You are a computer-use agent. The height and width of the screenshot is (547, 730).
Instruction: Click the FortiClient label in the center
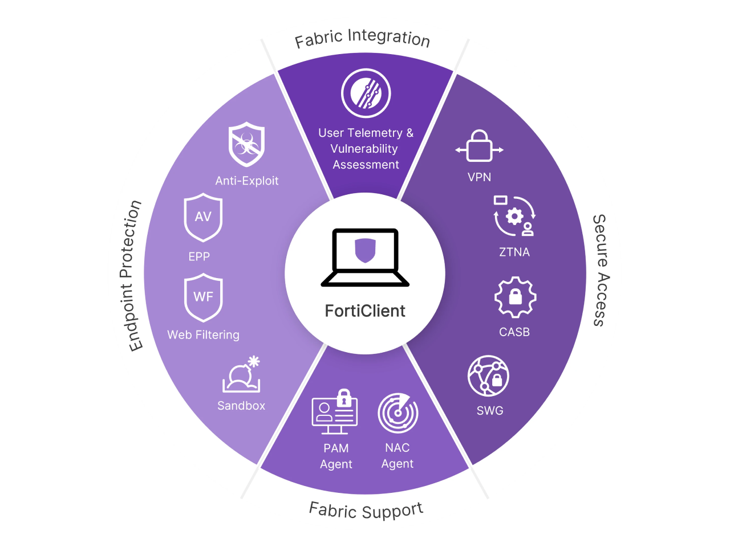(x=365, y=311)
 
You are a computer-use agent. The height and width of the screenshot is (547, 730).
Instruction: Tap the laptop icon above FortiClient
(x=365, y=258)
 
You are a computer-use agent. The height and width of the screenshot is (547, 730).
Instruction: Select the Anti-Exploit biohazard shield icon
(x=246, y=144)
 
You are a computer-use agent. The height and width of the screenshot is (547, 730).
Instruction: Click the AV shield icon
(x=203, y=218)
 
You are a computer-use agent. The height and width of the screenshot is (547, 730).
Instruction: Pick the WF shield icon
(x=203, y=297)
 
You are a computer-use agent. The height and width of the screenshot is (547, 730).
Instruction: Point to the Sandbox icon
(x=241, y=374)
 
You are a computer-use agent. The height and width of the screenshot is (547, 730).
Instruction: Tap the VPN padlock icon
(x=479, y=146)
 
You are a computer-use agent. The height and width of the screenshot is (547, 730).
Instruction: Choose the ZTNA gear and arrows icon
(x=514, y=216)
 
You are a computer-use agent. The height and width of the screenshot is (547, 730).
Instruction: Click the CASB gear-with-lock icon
(x=515, y=297)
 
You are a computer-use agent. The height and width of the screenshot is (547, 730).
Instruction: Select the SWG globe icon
(x=488, y=375)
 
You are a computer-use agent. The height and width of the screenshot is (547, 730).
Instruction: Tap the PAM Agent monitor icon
(x=335, y=411)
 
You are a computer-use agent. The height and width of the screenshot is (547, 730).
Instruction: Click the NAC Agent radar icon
(x=398, y=413)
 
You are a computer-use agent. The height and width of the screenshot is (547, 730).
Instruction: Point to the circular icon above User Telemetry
(x=366, y=93)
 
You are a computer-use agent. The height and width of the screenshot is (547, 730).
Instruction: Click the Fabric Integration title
(x=363, y=38)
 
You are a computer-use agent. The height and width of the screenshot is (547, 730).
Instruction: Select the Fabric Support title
(x=366, y=511)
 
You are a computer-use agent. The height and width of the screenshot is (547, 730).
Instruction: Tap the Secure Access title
(x=601, y=270)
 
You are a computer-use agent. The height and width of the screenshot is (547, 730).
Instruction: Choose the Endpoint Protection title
(x=131, y=276)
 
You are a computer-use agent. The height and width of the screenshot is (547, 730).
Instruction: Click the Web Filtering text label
(x=203, y=335)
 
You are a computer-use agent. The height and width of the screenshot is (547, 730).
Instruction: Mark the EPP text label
(x=199, y=256)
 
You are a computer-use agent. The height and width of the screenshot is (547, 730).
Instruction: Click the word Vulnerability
(x=364, y=149)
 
